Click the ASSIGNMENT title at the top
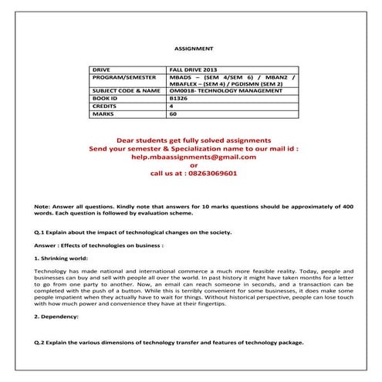(x=191, y=47)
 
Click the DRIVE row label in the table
(x=101, y=69)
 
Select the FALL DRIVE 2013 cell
(x=191, y=69)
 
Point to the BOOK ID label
(x=106, y=99)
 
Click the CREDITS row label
(x=105, y=106)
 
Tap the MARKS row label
(x=103, y=113)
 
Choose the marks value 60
(x=172, y=113)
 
